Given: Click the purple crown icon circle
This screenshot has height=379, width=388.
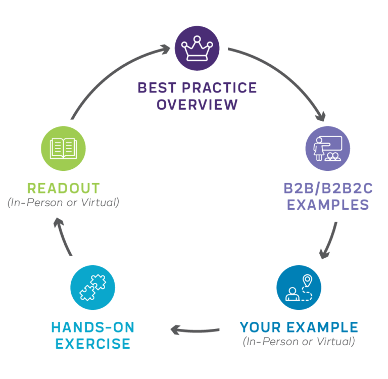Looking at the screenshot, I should (197, 48).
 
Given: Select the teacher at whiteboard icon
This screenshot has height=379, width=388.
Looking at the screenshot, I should (327, 148).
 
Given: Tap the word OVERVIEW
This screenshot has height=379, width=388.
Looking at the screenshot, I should (197, 105).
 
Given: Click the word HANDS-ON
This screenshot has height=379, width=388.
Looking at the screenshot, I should (93, 327).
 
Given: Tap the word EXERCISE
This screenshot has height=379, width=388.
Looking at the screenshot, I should (93, 345).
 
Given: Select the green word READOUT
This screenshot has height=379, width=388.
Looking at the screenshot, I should (63, 188).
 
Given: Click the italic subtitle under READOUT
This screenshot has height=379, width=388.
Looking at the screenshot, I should (63, 203).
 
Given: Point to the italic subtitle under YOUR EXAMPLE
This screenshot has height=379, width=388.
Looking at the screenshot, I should (299, 342).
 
